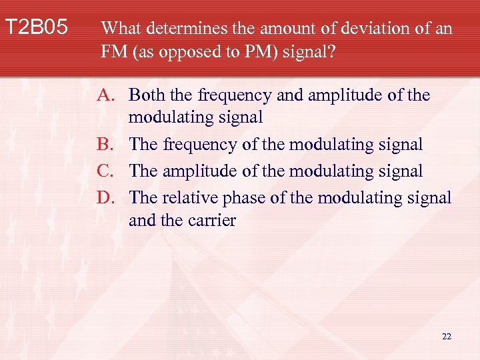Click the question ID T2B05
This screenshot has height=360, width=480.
[37, 28]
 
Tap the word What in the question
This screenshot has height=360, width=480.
[121, 29]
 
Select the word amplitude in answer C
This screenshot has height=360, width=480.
[193, 171]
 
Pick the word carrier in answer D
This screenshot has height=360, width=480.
[213, 221]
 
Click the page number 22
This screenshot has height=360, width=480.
[446, 337]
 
